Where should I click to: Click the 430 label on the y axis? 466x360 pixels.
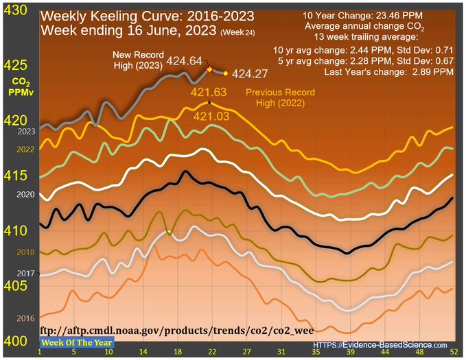tap(16, 10)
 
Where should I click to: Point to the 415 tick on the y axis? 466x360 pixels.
tap(16, 176)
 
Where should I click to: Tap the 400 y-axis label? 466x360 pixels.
tap(16, 340)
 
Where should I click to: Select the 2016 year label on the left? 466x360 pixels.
tap(25, 319)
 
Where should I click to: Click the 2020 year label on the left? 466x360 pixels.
tap(25, 194)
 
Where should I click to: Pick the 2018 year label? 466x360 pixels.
tap(25, 252)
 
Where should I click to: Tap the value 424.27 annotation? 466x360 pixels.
tap(251, 73)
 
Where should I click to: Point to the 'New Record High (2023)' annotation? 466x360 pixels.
tap(137, 60)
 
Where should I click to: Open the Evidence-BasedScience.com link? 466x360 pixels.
tap(380, 345)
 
